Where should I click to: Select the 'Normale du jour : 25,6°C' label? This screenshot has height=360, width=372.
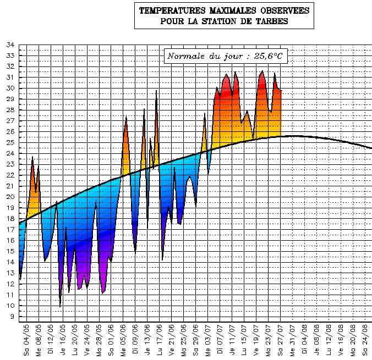tap(226, 56)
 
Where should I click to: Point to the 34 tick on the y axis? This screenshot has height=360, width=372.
tap(10, 45)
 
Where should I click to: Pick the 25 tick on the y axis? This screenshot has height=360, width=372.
tap(10, 143)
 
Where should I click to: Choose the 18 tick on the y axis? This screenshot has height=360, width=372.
tap(10, 219)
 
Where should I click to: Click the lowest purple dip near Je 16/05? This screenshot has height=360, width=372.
tap(60, 306)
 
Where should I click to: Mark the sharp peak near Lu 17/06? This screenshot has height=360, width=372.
tap(156, 91)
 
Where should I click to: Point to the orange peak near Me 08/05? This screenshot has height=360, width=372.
tap(32, 158)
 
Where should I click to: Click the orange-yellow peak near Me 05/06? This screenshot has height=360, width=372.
tap(126, 117)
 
